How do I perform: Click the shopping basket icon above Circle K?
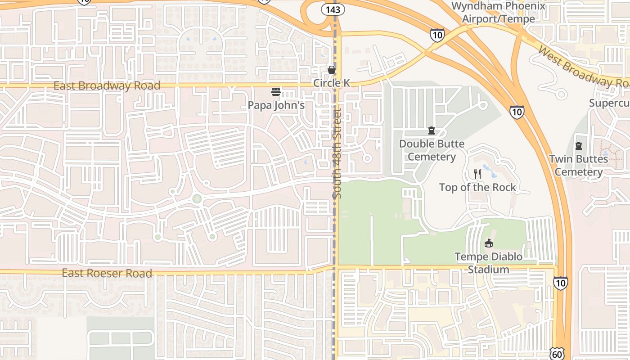(332, 69)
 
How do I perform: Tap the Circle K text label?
(332, 83)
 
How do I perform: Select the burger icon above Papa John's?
(276, 92)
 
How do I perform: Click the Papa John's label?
(276, 105)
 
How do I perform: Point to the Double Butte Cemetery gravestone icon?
(432, 130)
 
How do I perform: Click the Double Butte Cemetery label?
(432, 150)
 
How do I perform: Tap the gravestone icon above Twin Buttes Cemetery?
(578, 146)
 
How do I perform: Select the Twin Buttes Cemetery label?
(578, 165)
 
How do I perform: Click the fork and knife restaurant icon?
(477, 174)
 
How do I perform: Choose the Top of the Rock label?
(477, 187)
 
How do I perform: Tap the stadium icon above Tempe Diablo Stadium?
(488, 243)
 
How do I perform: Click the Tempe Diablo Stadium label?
(488, 263)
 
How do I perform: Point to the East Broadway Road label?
(107, 85)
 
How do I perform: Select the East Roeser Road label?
(107, 273)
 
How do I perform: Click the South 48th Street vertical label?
(337, 153)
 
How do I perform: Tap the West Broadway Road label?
(583, 67)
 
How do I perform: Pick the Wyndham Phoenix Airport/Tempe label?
(498, 12)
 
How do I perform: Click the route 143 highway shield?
(333, 9)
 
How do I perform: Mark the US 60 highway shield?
(557, 354)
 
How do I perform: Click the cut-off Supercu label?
(609, 103)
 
